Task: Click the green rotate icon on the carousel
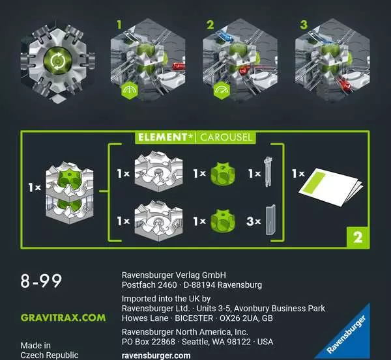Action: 57,61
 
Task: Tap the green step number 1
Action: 119,25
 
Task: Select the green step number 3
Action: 304,25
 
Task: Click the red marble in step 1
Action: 179,66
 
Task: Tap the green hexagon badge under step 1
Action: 130,90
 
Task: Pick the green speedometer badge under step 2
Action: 222,90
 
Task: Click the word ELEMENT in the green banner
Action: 162,137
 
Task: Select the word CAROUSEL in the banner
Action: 225,137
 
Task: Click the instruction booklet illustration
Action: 330,187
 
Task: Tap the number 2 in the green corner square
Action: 358,237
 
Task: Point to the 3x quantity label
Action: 253,221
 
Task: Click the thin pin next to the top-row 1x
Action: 268,172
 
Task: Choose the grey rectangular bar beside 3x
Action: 270,220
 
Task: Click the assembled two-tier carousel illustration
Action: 70,193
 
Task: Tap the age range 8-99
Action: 41,281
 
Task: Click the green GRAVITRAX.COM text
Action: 63,318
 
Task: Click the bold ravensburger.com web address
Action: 156,355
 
